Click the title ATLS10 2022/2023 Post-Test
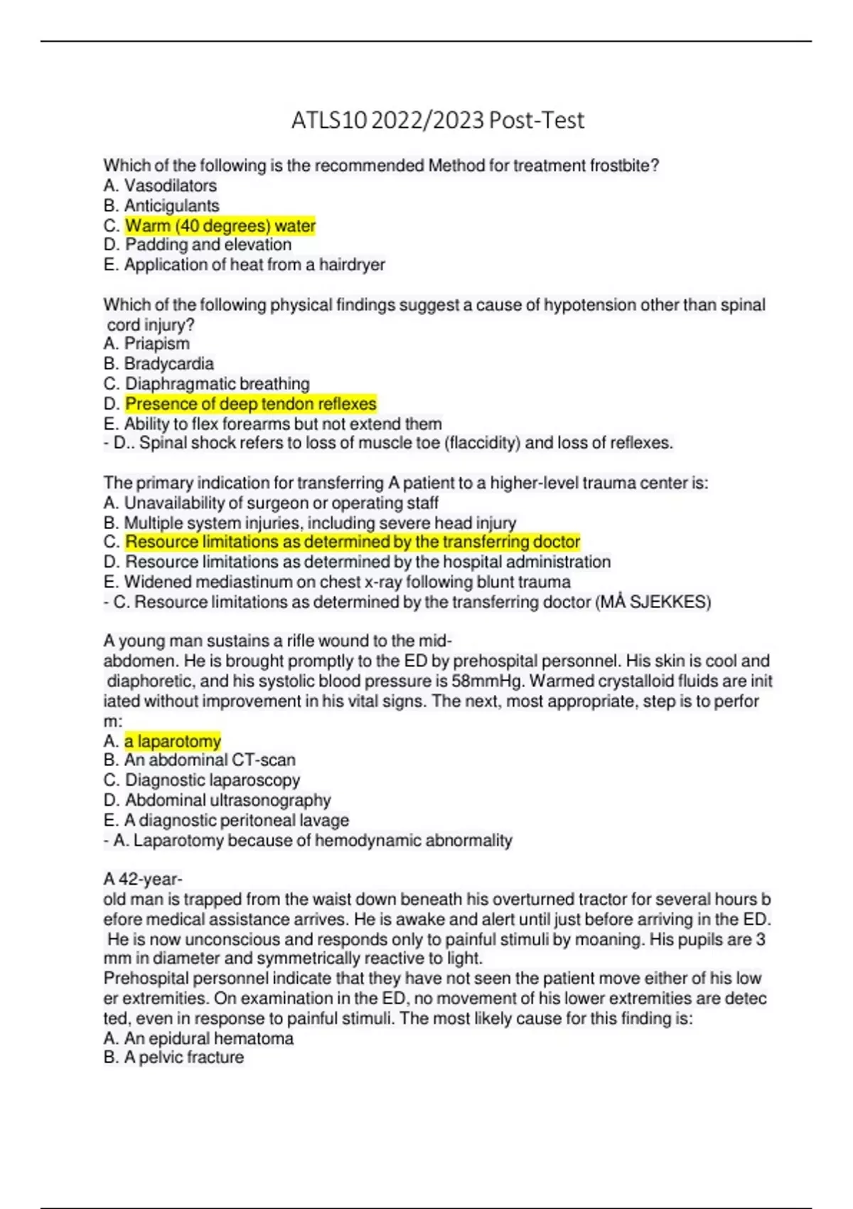[x=437, y=120]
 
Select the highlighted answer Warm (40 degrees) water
[x=220, y=226]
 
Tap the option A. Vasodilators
[x=160, y=186]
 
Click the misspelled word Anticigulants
[x=172, y=206]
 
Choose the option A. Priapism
[x=146, y=343]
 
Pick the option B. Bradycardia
[x=159, y=363]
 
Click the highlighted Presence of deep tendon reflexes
[x=251, y=404]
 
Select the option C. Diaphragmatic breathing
[x=206, y=384]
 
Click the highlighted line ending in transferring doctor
[x=353, y=542]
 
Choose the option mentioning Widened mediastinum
[x=337, y=582]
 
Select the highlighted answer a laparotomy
[x=173, y=741]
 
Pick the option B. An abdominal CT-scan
[x=199, y=760]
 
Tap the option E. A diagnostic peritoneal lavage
[x=226, y=820]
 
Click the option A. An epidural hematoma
[x=198, y=1038]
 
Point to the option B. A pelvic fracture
[x=173, y=1058]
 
